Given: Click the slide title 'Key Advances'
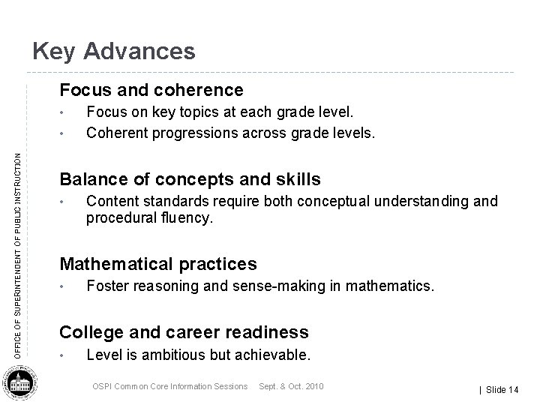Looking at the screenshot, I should pyautogui.click(x=114, y=51).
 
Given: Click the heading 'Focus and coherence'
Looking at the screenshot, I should pyautogui.click(x=151, y=91).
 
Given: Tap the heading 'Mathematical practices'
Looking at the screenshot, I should pyautogui.click(x=157, y=264).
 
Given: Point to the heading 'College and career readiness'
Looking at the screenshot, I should pyautogui.click(x=184, y=332).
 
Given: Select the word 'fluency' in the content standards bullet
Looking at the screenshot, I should pyautogui.click(x=187, y=218).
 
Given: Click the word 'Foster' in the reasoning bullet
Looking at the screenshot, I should pyautogui.click(x=106, y=286).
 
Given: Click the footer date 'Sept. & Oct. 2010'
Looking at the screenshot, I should pyautogui.click(x=291, y=386).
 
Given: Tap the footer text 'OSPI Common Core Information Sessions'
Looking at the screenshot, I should pyautogui.click(x=169, y=386).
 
